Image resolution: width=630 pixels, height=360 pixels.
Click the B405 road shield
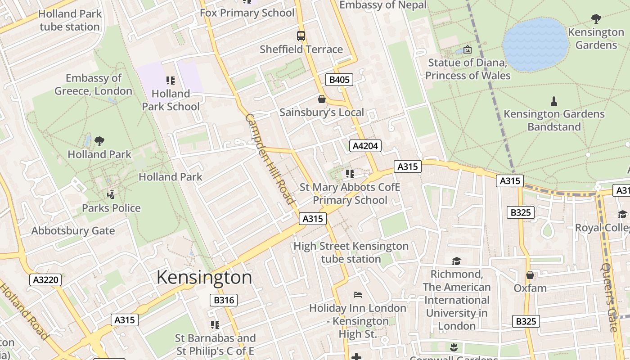point(339,80)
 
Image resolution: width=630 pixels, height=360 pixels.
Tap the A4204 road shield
point(365,146)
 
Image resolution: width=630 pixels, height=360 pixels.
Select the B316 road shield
point(223,300)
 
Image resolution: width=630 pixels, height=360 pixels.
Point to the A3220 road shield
point(46,280)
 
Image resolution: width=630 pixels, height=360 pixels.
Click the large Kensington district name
point(204,277)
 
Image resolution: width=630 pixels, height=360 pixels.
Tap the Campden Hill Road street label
point(270,159)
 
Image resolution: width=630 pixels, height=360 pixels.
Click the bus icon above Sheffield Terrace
point(301,36)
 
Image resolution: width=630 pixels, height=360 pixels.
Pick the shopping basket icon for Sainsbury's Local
point(322,99)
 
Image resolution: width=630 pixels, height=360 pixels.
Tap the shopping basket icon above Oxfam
point(530,274)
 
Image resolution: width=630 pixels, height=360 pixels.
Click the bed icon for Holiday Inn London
point(358,295)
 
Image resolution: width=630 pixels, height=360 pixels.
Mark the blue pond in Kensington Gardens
point(535,44)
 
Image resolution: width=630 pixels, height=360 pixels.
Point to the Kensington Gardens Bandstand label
point(554,120)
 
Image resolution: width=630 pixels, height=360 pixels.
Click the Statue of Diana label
point(468,69)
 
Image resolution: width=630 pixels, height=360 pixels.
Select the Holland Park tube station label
point(70,20)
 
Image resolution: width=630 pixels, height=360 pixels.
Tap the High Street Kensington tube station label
point(351,252)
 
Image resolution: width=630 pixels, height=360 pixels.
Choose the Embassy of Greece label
point(94,85)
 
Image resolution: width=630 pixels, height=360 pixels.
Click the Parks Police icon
point(111,195)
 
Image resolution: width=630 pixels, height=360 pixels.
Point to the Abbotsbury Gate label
point(73,231)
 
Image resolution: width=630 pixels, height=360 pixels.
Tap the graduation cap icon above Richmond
point(456,261)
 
